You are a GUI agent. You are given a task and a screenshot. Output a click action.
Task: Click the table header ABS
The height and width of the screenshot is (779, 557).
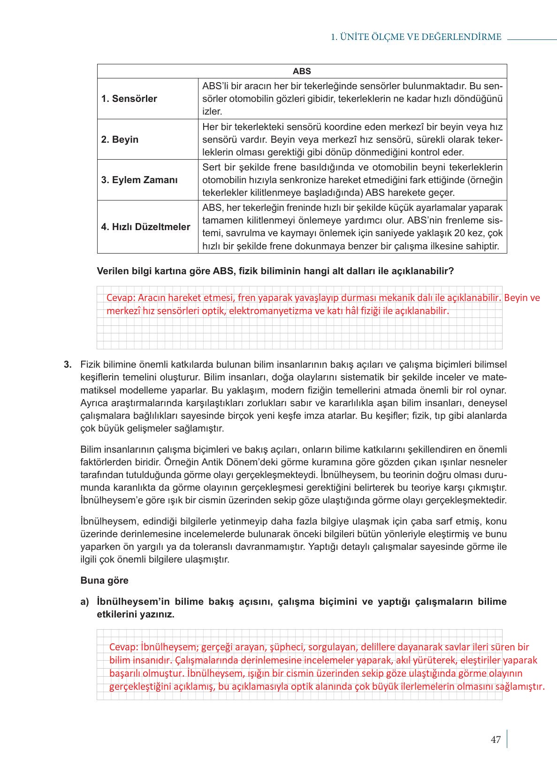[302, 71]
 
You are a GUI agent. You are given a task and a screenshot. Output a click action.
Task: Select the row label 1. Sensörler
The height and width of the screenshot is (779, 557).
[129, 99]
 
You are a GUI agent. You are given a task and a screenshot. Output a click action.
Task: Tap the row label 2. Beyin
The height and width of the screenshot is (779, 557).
[120, 139]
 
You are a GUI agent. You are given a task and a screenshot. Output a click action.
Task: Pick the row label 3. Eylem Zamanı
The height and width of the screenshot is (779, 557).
[139, 180]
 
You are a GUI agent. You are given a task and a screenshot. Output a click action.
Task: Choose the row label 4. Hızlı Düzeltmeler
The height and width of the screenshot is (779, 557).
[145, 227]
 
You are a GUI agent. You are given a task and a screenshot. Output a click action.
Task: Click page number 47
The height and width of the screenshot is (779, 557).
[496, 740]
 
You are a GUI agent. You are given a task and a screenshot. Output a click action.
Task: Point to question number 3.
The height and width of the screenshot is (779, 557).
[68, 364]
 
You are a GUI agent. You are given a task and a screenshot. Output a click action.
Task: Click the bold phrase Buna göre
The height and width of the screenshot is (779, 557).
[104, 580]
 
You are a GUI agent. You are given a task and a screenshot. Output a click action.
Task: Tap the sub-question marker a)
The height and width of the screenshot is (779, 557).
[84, 602]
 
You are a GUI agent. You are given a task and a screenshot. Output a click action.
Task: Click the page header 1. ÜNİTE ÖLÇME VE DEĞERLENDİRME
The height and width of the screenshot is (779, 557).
[416, 37]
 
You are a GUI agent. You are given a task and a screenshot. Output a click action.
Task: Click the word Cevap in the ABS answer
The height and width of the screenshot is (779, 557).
[120, 298]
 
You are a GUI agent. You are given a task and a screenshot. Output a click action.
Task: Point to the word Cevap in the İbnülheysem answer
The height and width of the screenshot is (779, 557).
[123, 647]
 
